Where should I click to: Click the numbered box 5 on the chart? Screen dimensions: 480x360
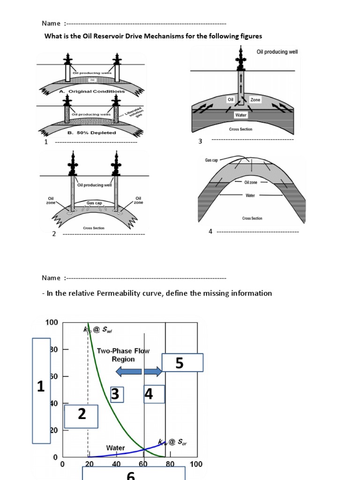(x=182, y=363)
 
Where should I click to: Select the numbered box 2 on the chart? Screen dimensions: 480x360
(x=81, y=416)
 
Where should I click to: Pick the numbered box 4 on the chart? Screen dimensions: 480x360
(x=154, y=394)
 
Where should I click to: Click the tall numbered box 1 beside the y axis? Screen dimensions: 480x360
(x=41, y=390)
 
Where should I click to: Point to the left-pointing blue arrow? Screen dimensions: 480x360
(x=128, y=372)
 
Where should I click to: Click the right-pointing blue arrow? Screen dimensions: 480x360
(x=153, y=372)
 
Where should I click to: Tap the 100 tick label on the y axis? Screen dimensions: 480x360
(x=52, y=322)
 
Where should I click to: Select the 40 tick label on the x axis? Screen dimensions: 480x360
(x=116, y=465)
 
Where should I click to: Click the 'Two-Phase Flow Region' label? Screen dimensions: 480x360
(x=123, y=355)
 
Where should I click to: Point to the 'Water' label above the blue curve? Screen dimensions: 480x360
(x=115, y=448)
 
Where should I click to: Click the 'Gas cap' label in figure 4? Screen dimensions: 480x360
(x=212, y=160)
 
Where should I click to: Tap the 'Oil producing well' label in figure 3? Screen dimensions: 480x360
(x=277, y=52)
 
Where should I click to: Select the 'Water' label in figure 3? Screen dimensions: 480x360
(x=240, y=114)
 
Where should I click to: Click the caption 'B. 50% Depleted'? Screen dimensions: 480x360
(x=92, y=133)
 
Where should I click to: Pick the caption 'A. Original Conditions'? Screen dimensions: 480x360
(x=92, y=91)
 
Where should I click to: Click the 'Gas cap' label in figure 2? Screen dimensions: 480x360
(x=94, y=203)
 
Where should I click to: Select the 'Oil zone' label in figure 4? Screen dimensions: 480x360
(x=251, y=182)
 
